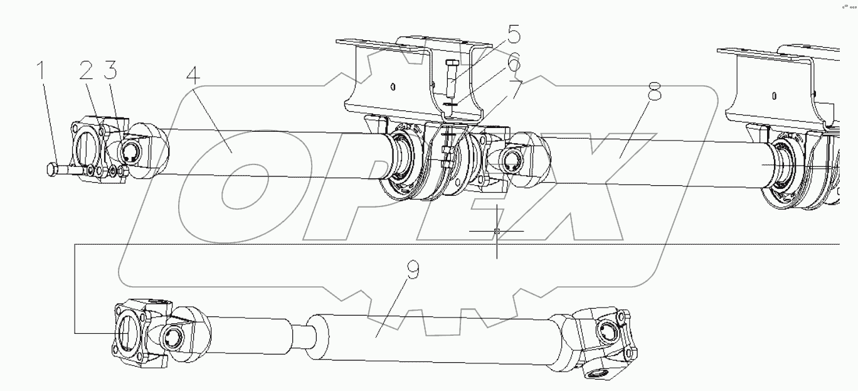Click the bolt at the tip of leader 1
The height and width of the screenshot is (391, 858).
[x=53, y=169]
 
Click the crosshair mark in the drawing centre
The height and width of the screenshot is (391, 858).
[x=497, y=232]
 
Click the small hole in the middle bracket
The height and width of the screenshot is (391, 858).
[x=392, y=86]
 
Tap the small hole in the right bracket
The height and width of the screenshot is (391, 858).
[x=775, y=96]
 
